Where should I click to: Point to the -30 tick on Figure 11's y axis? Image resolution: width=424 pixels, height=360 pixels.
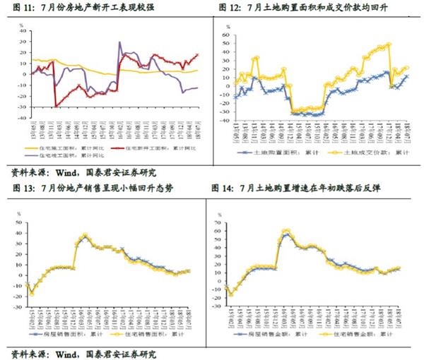click(20, 107)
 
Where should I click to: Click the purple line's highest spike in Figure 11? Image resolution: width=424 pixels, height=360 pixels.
click(119, 43)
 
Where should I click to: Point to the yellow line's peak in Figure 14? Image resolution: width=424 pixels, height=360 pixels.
click(286, 230)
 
